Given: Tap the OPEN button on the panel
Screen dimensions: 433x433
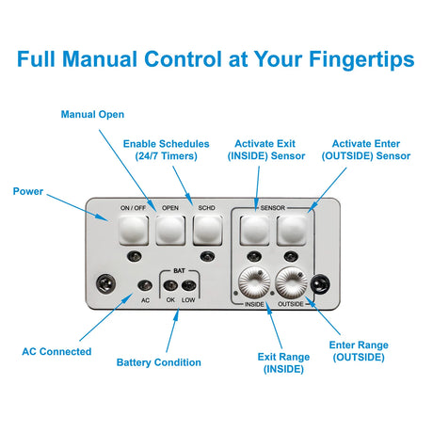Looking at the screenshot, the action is [170, 230].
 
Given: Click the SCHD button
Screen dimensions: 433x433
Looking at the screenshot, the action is [207, 230].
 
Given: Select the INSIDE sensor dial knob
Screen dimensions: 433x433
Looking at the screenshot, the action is [254, 282].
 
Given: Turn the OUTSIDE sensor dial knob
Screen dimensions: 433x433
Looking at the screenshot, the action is [292, 282].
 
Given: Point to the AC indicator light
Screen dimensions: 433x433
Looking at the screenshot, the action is [145, 285].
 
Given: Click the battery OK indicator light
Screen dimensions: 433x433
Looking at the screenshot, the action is [170, 285].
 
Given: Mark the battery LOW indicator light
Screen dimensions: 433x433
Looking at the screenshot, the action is [189, 285].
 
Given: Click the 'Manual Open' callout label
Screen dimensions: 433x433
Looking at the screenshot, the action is [92, 115].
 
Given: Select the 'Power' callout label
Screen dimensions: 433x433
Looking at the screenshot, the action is [28, 191].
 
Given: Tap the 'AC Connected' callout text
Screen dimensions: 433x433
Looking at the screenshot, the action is [56, 351].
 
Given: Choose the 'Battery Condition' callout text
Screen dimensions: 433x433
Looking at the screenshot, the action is [159, 362].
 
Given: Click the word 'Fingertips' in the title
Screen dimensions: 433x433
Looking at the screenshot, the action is [361, 59].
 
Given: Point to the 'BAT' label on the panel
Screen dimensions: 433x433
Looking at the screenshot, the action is [179, 270].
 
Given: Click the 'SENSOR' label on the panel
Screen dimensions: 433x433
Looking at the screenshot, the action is [273, 208].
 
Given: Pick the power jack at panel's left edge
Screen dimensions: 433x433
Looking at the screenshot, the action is [105, 283].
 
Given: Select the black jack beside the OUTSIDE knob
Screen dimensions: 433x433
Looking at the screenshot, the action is [320, 284].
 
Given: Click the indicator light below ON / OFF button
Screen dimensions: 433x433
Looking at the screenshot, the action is [135, 256].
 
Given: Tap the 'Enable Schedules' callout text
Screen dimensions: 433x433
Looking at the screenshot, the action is [167, 144].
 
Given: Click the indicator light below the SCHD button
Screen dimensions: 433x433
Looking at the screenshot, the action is [207, 256].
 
